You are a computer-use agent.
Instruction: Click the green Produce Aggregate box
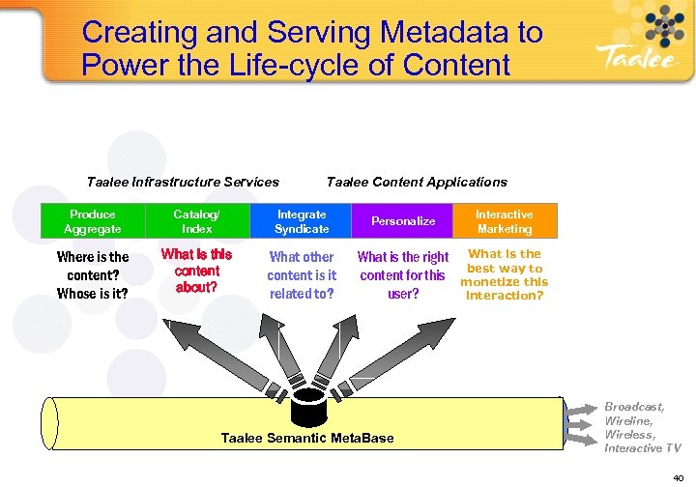point(93,221)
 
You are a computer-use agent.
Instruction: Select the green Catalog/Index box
point(196,221)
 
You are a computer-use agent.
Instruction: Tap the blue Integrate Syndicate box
point(301,221)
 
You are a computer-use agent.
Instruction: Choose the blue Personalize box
point(403,221)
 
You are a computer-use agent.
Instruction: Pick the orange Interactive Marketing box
point(504,221)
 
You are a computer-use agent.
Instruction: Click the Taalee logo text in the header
point(632,57)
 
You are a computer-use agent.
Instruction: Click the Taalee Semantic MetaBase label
point(307,438)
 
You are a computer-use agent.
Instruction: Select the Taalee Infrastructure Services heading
point(183,182)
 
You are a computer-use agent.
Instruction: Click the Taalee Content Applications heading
point(417,182)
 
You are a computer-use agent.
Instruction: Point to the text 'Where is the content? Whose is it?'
point(93,275)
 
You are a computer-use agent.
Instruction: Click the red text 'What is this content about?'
point(196,271)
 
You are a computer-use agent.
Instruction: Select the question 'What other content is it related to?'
point(302,275)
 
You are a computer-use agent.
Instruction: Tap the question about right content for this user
point(403,275)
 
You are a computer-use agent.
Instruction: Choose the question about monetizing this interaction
point(504,275)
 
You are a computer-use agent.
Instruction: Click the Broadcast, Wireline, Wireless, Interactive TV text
point(642,428)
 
